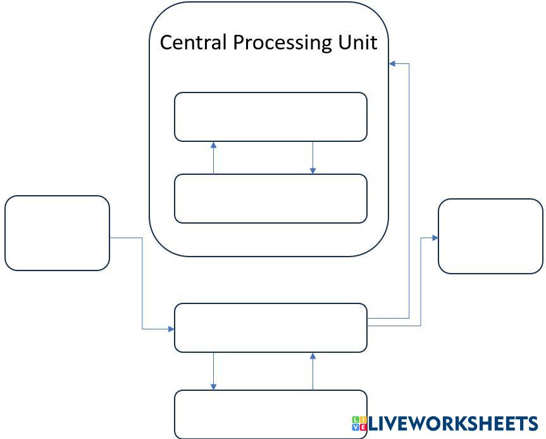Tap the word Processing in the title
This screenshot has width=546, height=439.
(x=278, y=43)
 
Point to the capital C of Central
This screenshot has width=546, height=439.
(x=166, y=42)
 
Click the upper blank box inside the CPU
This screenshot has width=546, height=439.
(x=271, y=117)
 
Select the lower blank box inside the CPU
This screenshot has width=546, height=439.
(x=271, y=198)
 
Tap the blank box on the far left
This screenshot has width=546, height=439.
(x=57, y=233)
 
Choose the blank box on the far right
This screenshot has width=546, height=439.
(x=490, y=236)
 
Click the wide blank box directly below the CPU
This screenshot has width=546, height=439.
(x=271, y=328)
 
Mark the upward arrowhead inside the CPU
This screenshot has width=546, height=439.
(x=213, y=145)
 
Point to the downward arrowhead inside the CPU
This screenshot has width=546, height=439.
(x=313, y=170)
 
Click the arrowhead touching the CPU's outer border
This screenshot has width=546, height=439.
(x=392, y=64)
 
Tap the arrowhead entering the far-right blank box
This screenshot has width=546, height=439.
(x=435, y=238)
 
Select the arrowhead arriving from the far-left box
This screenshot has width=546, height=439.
(x=171, y=329)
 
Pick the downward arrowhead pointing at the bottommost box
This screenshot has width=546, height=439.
(x=213, y=386)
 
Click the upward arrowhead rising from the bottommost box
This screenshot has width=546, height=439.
(x=313, y=356)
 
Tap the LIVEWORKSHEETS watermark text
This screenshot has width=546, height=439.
(x=453, y=424)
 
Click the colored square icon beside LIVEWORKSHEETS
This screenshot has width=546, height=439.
(x=359, y=423)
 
